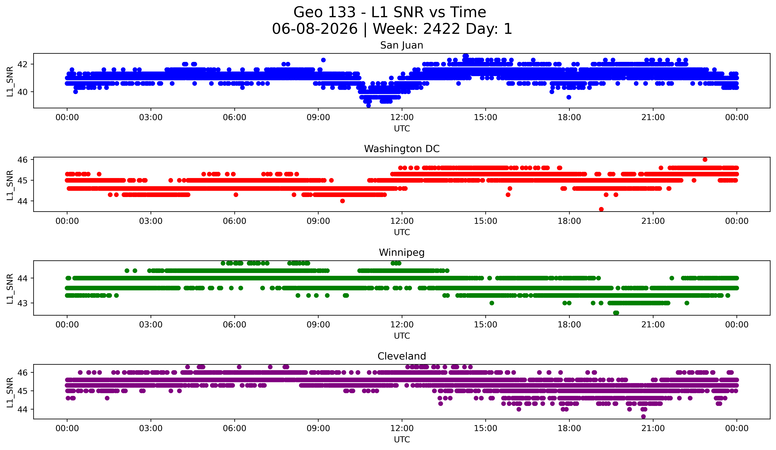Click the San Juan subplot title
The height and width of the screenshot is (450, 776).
click(x=402, y=45)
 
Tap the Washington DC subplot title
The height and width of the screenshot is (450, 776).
click(x=402, y=149)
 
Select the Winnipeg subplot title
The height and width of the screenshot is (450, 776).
click(x=402, y=253)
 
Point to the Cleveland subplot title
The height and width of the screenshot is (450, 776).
click(x=402, y=356)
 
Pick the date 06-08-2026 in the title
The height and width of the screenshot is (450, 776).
click(x=315, y=29)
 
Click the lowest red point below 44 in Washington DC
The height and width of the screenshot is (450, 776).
click(x=601, y=209)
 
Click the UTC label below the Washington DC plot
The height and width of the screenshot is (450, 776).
click(x=402, y=232)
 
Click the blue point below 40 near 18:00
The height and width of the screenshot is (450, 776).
click(x=569, y=97)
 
